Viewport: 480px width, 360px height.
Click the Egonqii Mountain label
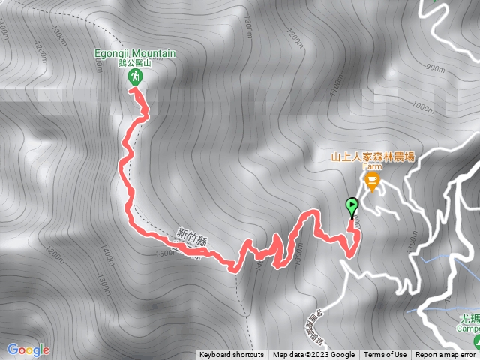coord(136,53)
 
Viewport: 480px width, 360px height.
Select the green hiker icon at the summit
coord(136,77)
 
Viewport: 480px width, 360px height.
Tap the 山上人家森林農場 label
coord(373,157)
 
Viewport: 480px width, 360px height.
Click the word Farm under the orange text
coord(373,168)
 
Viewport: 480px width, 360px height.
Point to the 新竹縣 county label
coord(193,238)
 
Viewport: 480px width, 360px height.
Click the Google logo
coord(28,349)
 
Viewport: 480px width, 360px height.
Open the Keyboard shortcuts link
coord(231,355)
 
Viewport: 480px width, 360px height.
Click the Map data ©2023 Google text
coord(313,355)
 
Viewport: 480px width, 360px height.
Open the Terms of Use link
coord(385,355)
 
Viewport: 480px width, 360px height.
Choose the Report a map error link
coord(446,355)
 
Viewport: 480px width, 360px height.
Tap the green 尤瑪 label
coord(467,318)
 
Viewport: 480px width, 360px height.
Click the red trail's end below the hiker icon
coord(133,89)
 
